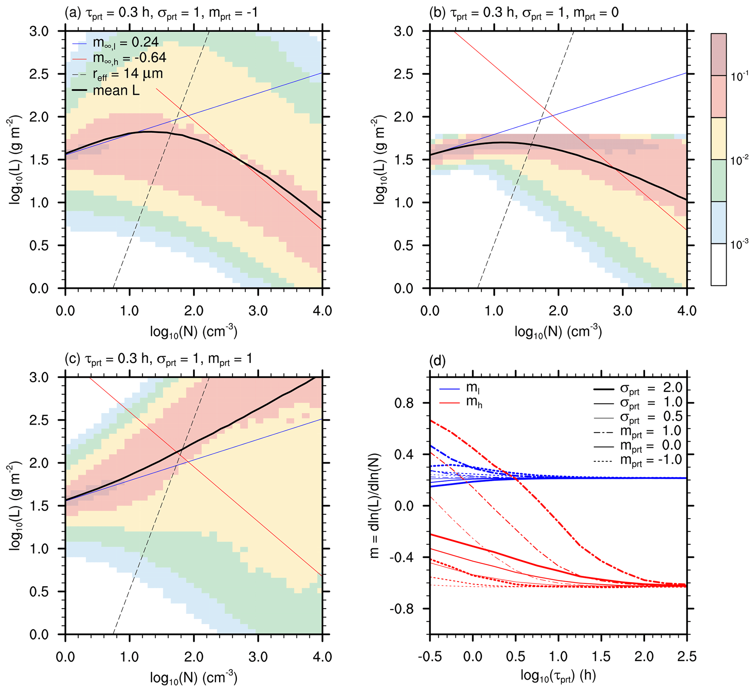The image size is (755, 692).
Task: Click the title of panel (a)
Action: pyautogui.click(x=161, y=13)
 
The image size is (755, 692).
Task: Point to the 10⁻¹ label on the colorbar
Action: pyautogui.click(x=739, y=76)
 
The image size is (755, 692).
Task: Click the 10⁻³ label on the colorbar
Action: pyautogui.click(x=739, y=244)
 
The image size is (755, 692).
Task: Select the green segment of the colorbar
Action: pyautogui.click(x=718, y=180)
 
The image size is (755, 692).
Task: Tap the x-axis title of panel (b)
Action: pyautogui.click(x=558, y=332)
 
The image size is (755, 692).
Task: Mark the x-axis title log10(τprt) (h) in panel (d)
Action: pyautogui.click(x=558, y=676)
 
